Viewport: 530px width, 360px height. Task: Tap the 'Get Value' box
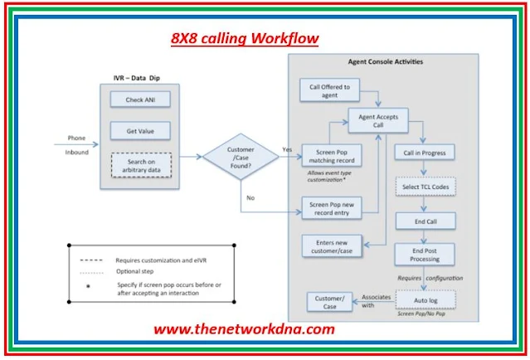click(x=139, y=130)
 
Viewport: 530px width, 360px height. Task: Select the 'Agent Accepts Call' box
click(x=377, y=122)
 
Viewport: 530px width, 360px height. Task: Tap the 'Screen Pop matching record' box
click(x=330, y=155)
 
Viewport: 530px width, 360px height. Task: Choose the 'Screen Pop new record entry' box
click(x=330, y=208)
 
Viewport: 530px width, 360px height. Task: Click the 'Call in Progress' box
click(x=425, y=153)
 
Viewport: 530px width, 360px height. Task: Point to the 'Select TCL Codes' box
click(x=425, y=187)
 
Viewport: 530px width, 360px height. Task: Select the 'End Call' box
click(x=425, y=221)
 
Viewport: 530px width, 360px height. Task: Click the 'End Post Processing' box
click(x=425, y=254)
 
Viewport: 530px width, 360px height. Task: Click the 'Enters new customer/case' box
click(x=330, y=246)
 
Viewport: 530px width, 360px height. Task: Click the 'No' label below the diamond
click(x=250, y=198)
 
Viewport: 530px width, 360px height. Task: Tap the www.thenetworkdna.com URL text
click(x=244, y=328)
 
